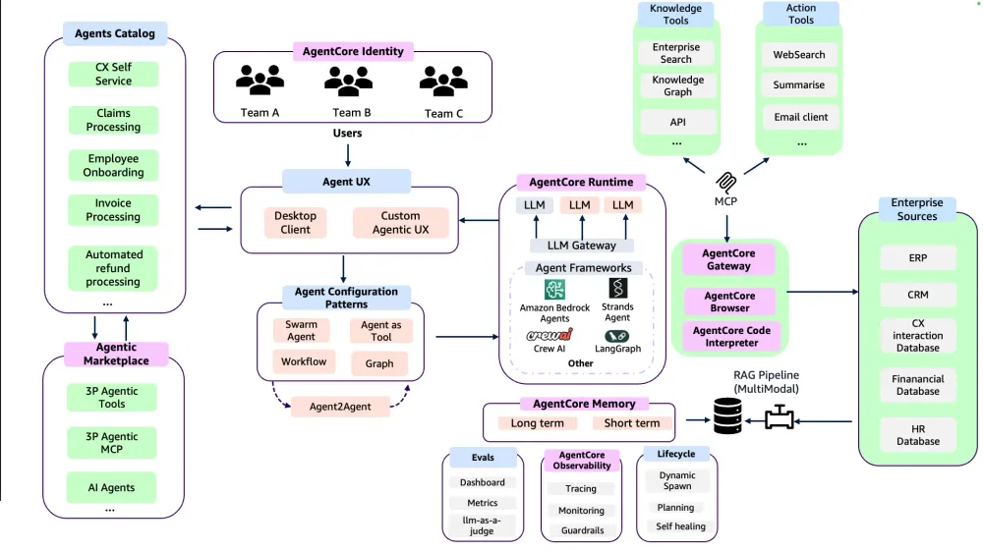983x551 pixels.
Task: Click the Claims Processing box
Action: click(113, 120)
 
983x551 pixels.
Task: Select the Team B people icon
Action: click(349, 81)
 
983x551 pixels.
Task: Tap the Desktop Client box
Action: click(295, 222)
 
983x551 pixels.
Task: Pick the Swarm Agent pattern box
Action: click(301, 331)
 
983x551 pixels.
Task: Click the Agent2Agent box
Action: click(340, 407)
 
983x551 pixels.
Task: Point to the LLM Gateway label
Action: click(582, 246)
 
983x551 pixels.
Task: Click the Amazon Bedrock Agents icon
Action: click(554, 290)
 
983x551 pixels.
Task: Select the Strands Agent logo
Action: click(617, 288)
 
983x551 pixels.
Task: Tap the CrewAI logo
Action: click(549, 335)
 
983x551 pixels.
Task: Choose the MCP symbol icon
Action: click(726, 183)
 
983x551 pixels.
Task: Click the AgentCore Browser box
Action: click(729, 302)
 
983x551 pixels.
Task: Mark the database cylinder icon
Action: click(727, 416)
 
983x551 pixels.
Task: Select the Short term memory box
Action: click(632, 423)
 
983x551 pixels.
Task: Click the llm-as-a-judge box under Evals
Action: click(482, 525)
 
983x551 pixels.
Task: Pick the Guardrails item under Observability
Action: click(582, 530)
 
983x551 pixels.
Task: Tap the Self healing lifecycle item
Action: click(680, 526)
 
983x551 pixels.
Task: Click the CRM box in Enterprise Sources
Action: click(918, 295)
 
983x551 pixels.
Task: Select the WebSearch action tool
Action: click(798, 54)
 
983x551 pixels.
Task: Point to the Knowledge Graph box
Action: click(677, 85)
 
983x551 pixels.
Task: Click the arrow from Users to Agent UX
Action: click(348, 155)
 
